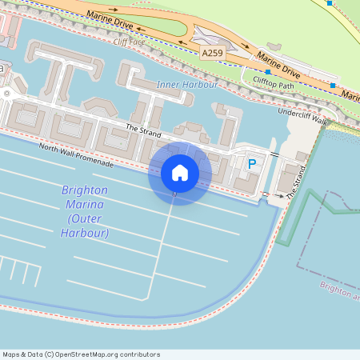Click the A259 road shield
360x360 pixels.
coord(212,53)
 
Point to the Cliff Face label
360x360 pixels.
coord(130,42)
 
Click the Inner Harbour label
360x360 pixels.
coord(187,84)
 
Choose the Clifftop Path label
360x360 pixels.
coord(274,81)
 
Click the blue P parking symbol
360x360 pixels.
coord(252,164)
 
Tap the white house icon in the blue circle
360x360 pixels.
coord(180,172)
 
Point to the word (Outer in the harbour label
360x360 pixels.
coord(85,219)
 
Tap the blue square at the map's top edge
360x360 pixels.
coord(329,3)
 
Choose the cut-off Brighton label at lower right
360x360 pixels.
coord(339,290)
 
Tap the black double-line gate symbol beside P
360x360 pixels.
coord(274,153)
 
